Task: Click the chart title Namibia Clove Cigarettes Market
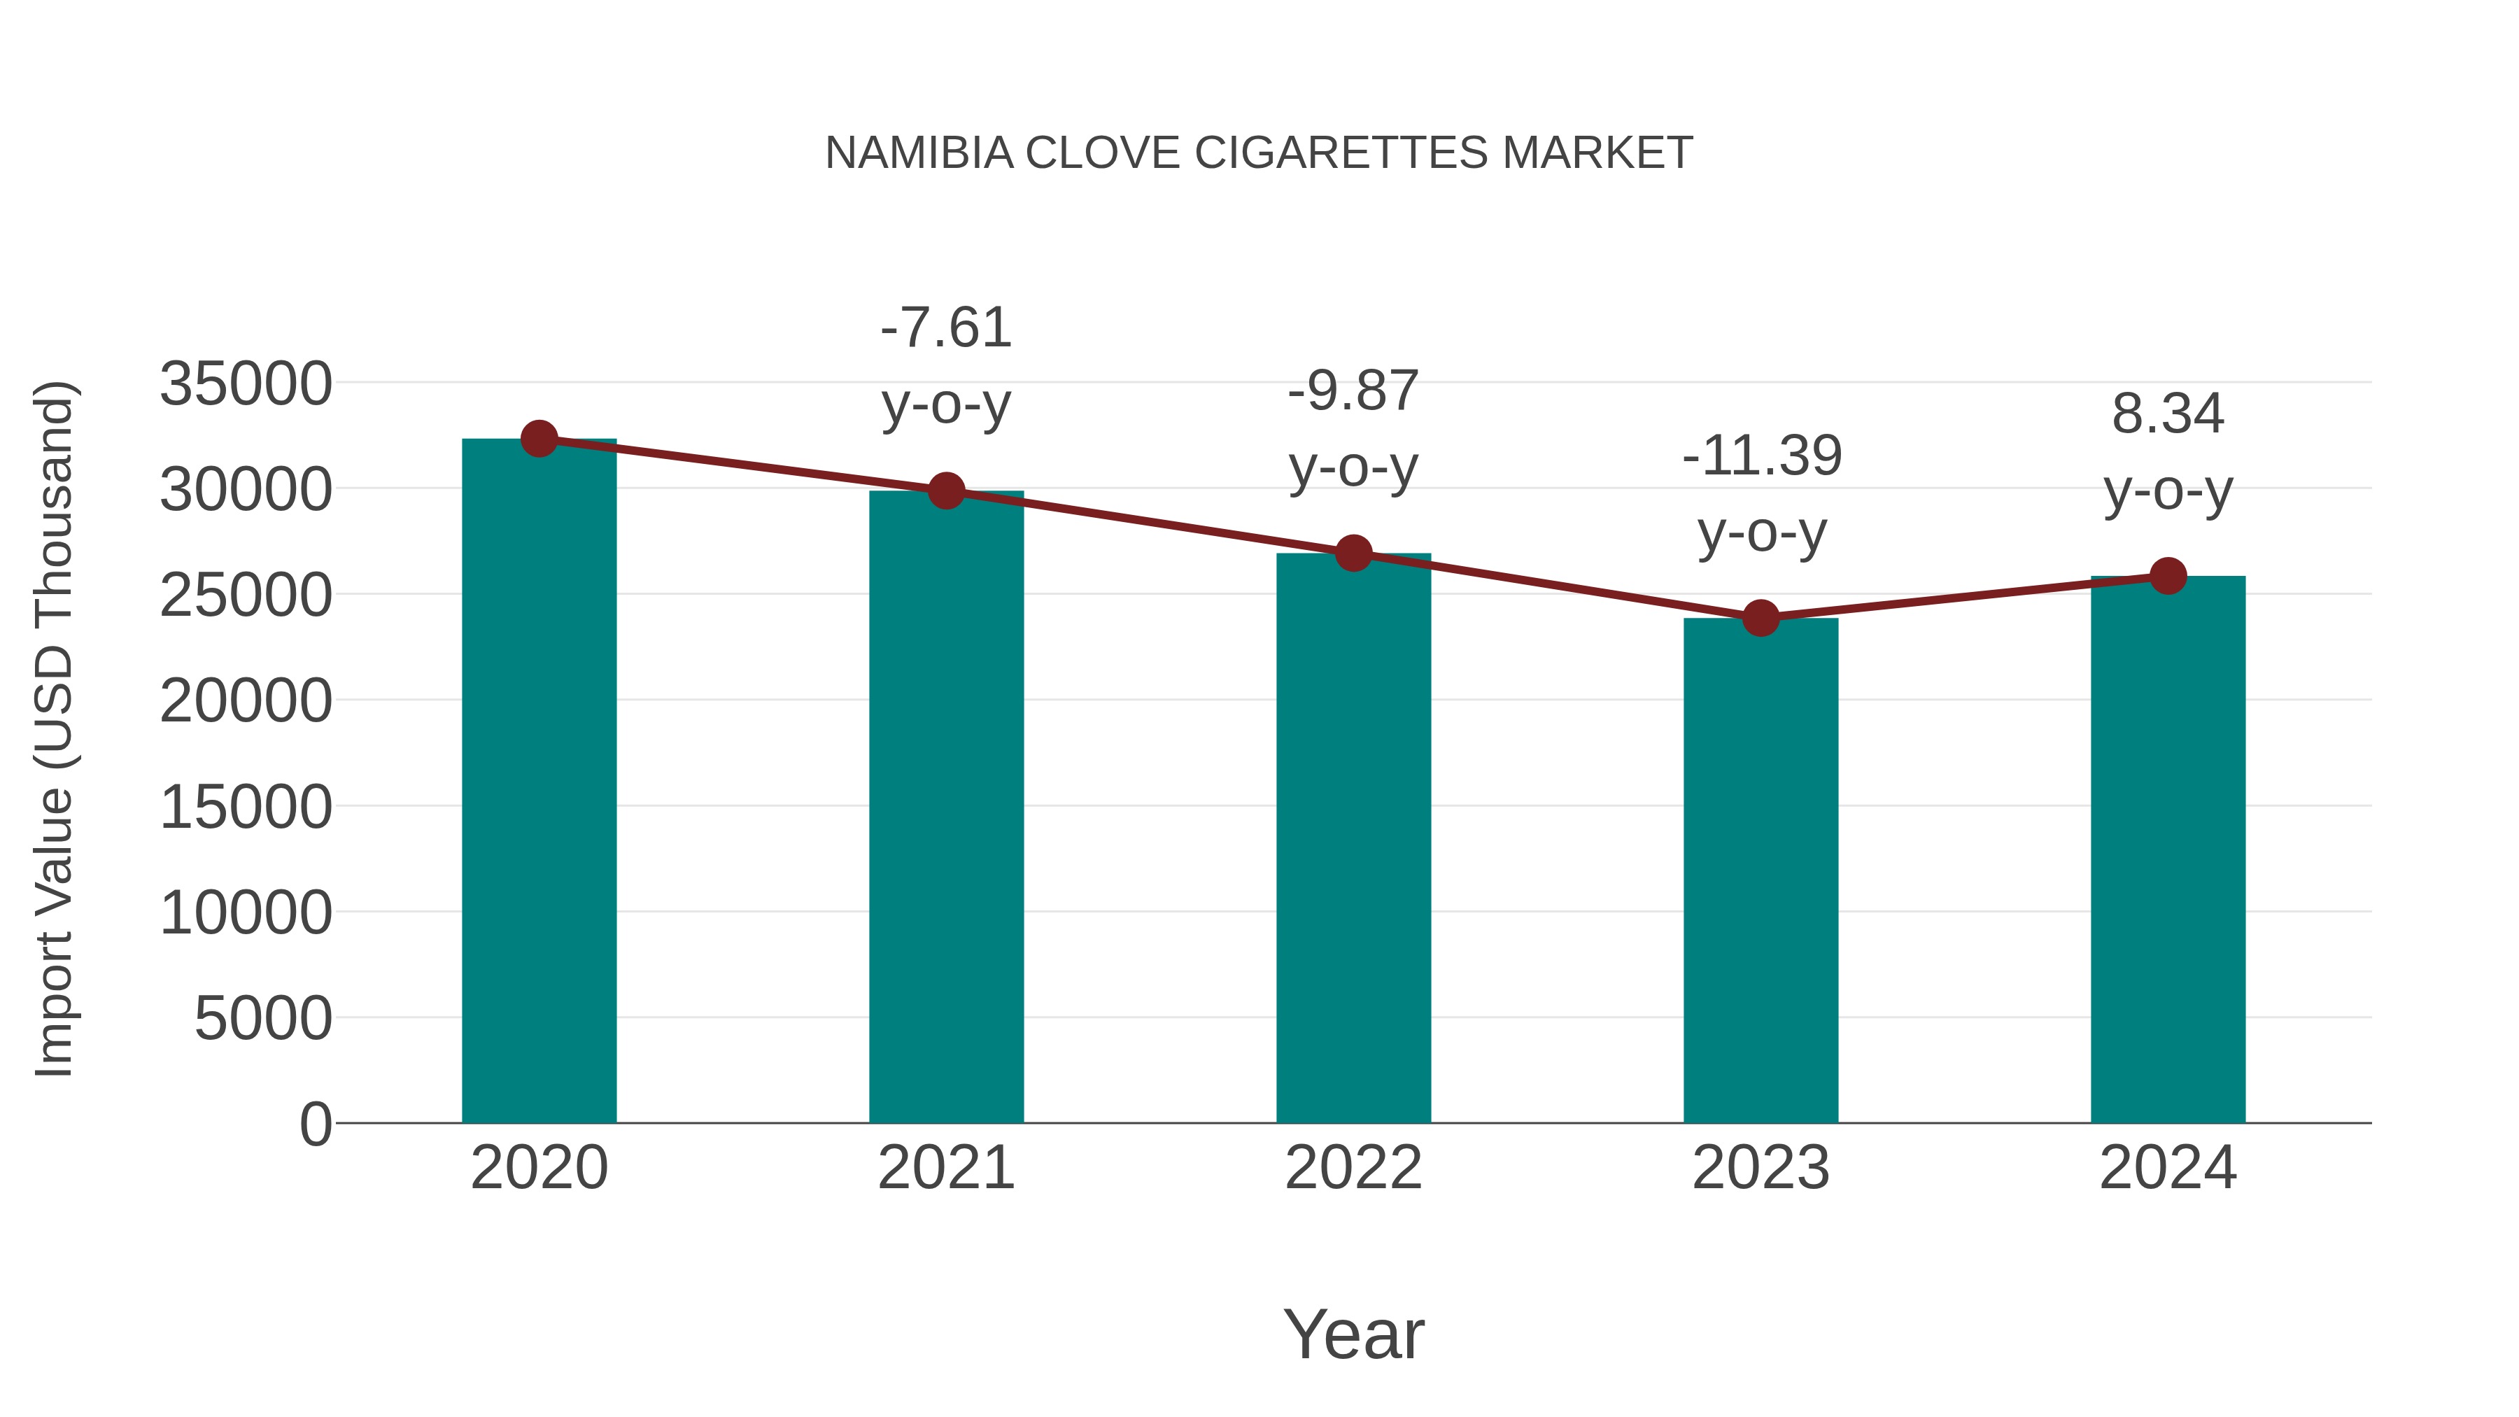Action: (1259, 153)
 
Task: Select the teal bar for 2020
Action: (539, 782)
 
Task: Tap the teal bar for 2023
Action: (1761, 870)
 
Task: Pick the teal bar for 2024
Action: (2168, 851)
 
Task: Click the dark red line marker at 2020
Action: (539, 439)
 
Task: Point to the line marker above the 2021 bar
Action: (945, 491)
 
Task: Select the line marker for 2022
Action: (1353, 554)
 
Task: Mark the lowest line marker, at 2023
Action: (1761, 618)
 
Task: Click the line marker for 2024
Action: (2168, 576)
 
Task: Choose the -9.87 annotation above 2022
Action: (1353, 391)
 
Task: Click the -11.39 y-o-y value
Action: (1762, 456)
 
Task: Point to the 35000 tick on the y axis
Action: (246, 383)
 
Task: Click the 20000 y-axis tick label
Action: (246, 701)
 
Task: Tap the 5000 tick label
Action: (263, 1019)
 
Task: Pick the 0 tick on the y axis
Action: (315, 1124)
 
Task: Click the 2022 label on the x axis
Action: (1353, 1168)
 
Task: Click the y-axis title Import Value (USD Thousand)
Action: (55, 728)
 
